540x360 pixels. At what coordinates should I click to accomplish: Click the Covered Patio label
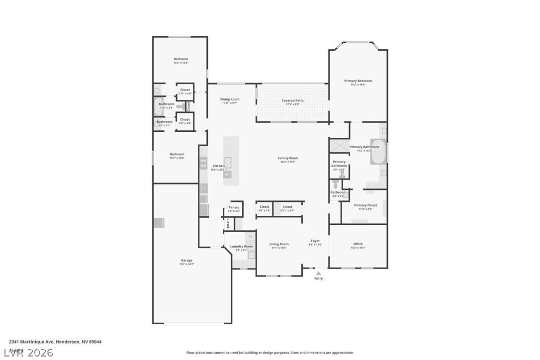pos(292,101)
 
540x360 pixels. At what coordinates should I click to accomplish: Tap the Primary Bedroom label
pos(358,81)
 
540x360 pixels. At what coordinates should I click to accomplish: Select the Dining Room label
pos(229,99)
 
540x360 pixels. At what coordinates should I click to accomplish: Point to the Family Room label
pos(288,158)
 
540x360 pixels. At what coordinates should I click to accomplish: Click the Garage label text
pos(186,261)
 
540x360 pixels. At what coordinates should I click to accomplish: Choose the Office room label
pos(358,244)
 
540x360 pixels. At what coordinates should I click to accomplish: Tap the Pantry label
pos(234,207)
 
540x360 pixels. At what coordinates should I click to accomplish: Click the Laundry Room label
pos(242,247)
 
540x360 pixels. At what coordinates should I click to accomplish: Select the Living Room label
pos(279,244)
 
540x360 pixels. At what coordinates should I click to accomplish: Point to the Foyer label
pos(315,241)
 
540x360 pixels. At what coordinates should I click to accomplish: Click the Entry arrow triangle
pos(318,272)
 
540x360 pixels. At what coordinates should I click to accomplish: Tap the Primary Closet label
pos(365,205)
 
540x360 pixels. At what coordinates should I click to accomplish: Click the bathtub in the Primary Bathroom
pos(378,152)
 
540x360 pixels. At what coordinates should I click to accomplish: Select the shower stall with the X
pos(340,146)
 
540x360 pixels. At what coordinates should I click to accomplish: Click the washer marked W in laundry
pos(250,236)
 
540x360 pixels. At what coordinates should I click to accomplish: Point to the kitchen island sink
pos(228,161)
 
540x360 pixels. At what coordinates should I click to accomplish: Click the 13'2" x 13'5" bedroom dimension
pos(181,63)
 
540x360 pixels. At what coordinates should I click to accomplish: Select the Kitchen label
pos(219,166)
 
